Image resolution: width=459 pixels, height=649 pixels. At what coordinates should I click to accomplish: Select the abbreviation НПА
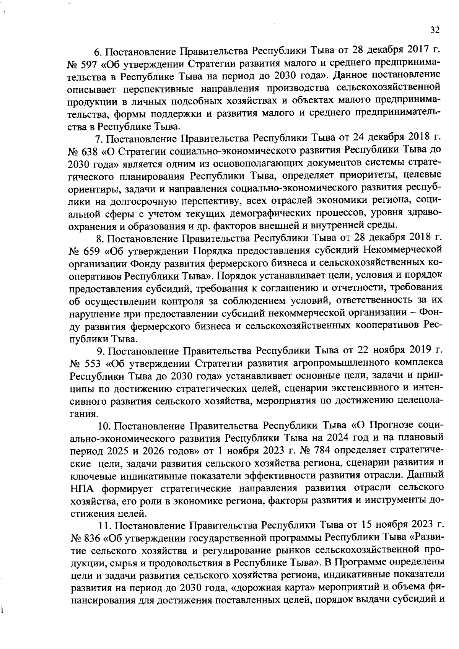[x=81, y=488]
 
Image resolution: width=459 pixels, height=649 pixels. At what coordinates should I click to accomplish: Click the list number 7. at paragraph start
[x=99, y=139]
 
